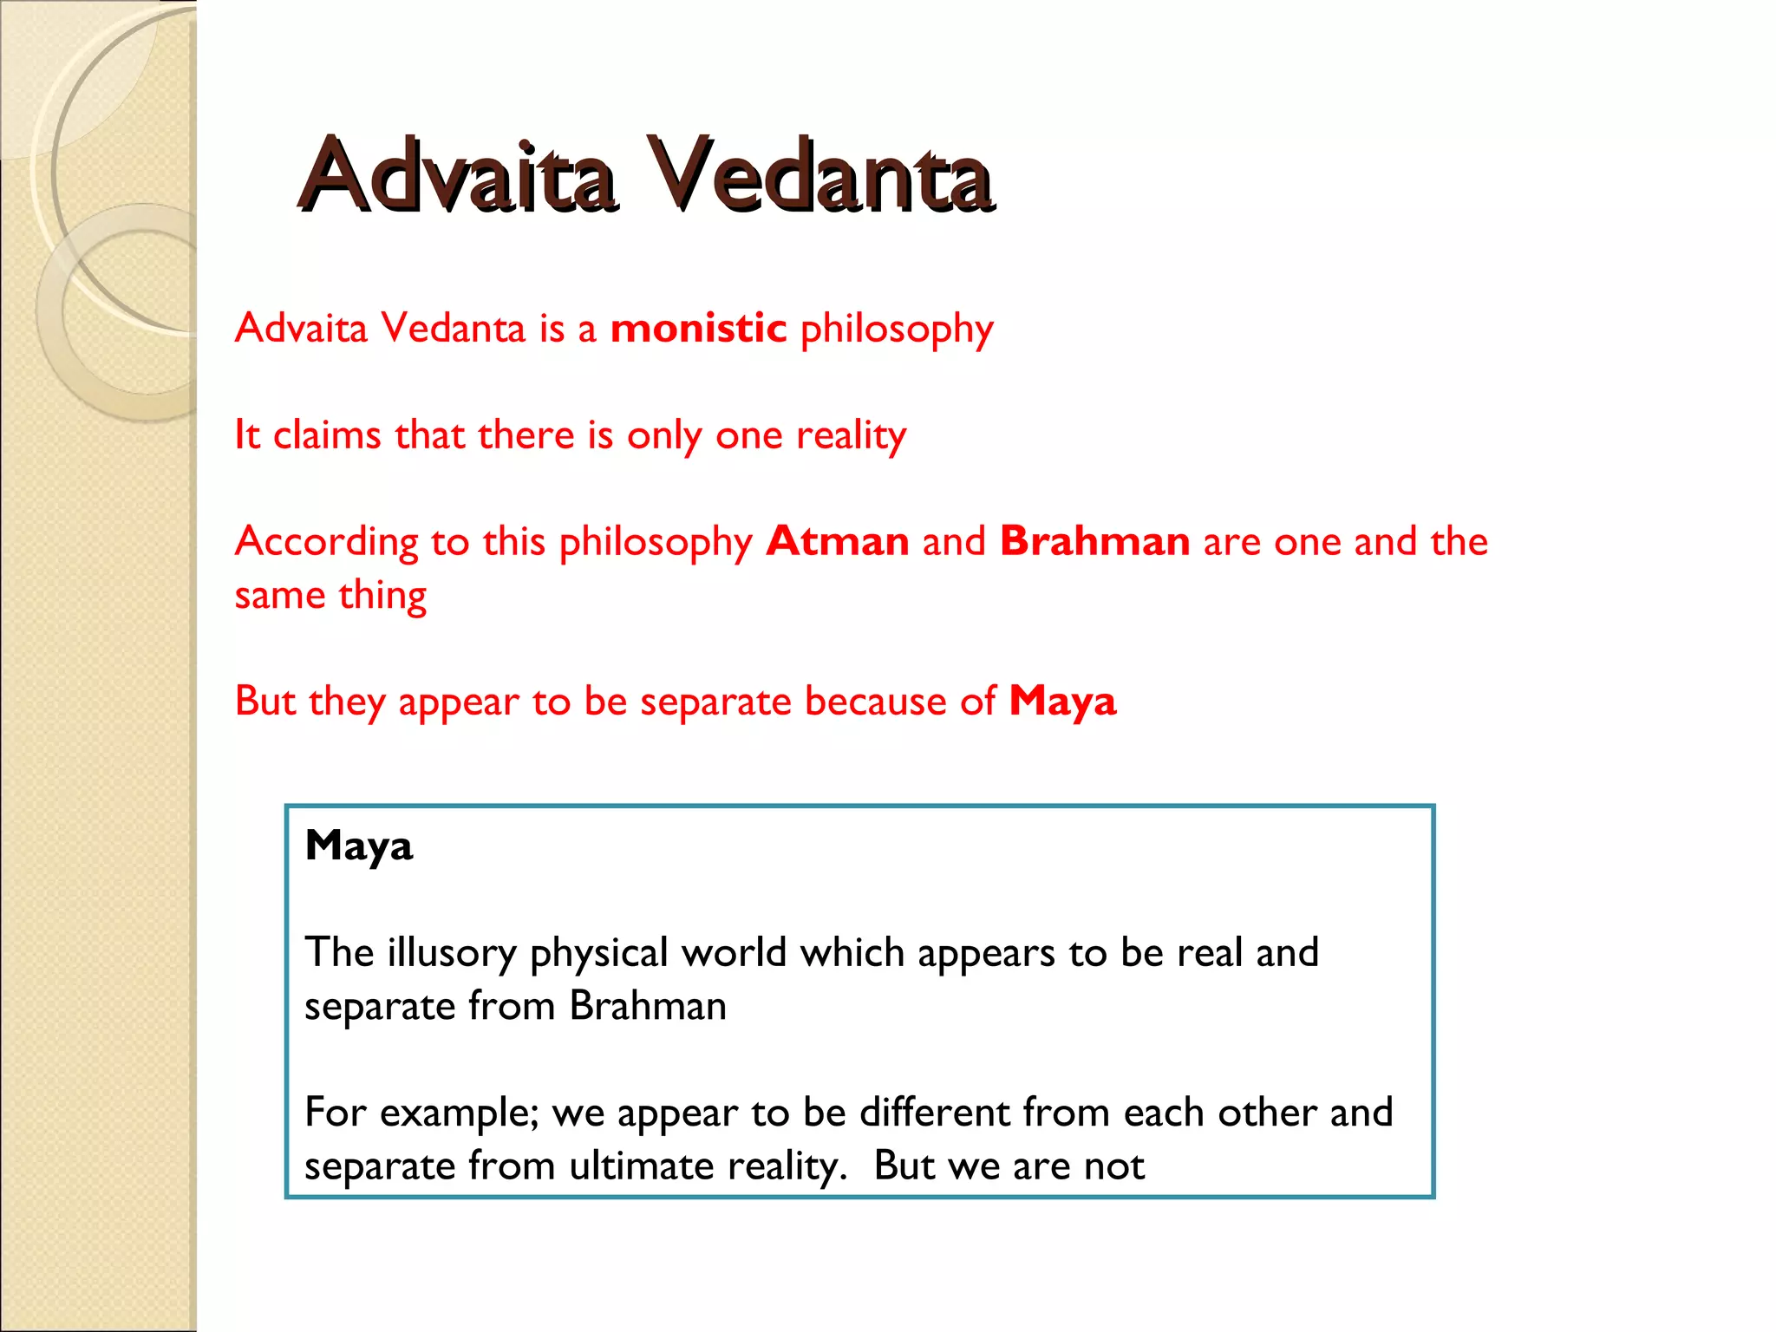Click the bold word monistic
coord(698,329)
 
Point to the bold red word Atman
coord(838,542)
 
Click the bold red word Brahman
coord(1094,542)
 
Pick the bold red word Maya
coord(1062,702)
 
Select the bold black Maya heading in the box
coord(359,846)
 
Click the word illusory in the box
coord(452,953)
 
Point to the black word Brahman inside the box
coord(648,1007)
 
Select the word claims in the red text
coord(327,435)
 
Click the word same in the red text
coord(279,597)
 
